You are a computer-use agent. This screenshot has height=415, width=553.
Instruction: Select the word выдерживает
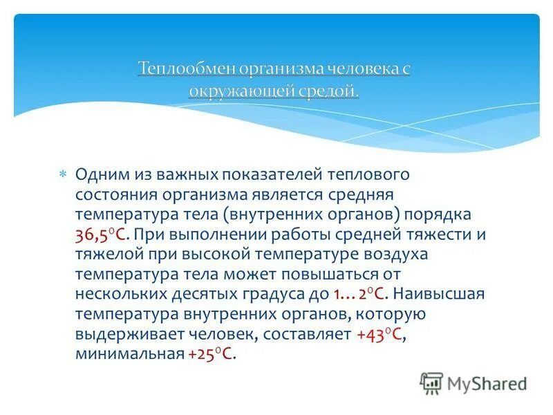point(121,334)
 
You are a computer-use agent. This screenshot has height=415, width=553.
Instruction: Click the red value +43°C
point(379,334)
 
